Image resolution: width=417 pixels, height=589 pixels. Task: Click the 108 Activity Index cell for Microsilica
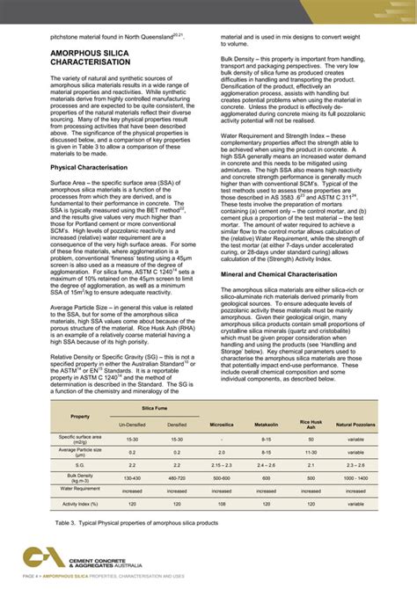tap(222, 505)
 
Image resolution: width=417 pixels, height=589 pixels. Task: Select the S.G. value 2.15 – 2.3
tap(222, 463)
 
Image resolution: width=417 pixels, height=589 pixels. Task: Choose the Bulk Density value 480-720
tap(177, 477)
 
